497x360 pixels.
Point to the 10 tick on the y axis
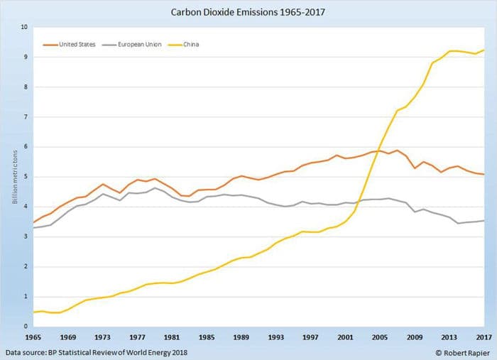pyautogui.click(x=23, y=27)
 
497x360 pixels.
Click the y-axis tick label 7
pyautogui.click(x=25, y=117)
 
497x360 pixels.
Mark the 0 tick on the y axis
pyautogui.click(x=25, y=327)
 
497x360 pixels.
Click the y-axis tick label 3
pyautogui.click(x=25, y=237)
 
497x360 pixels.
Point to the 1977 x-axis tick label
pyautogui.click(x=138, y=337)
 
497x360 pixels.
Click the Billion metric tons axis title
pyautogui.click(x=14, y=178)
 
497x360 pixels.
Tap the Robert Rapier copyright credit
pyautogui.click(x=460, y=351)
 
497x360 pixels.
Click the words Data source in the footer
pyautogui.click(x=26, y=351)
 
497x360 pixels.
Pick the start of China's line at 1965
pyautogui.click(x=33, y=312)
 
